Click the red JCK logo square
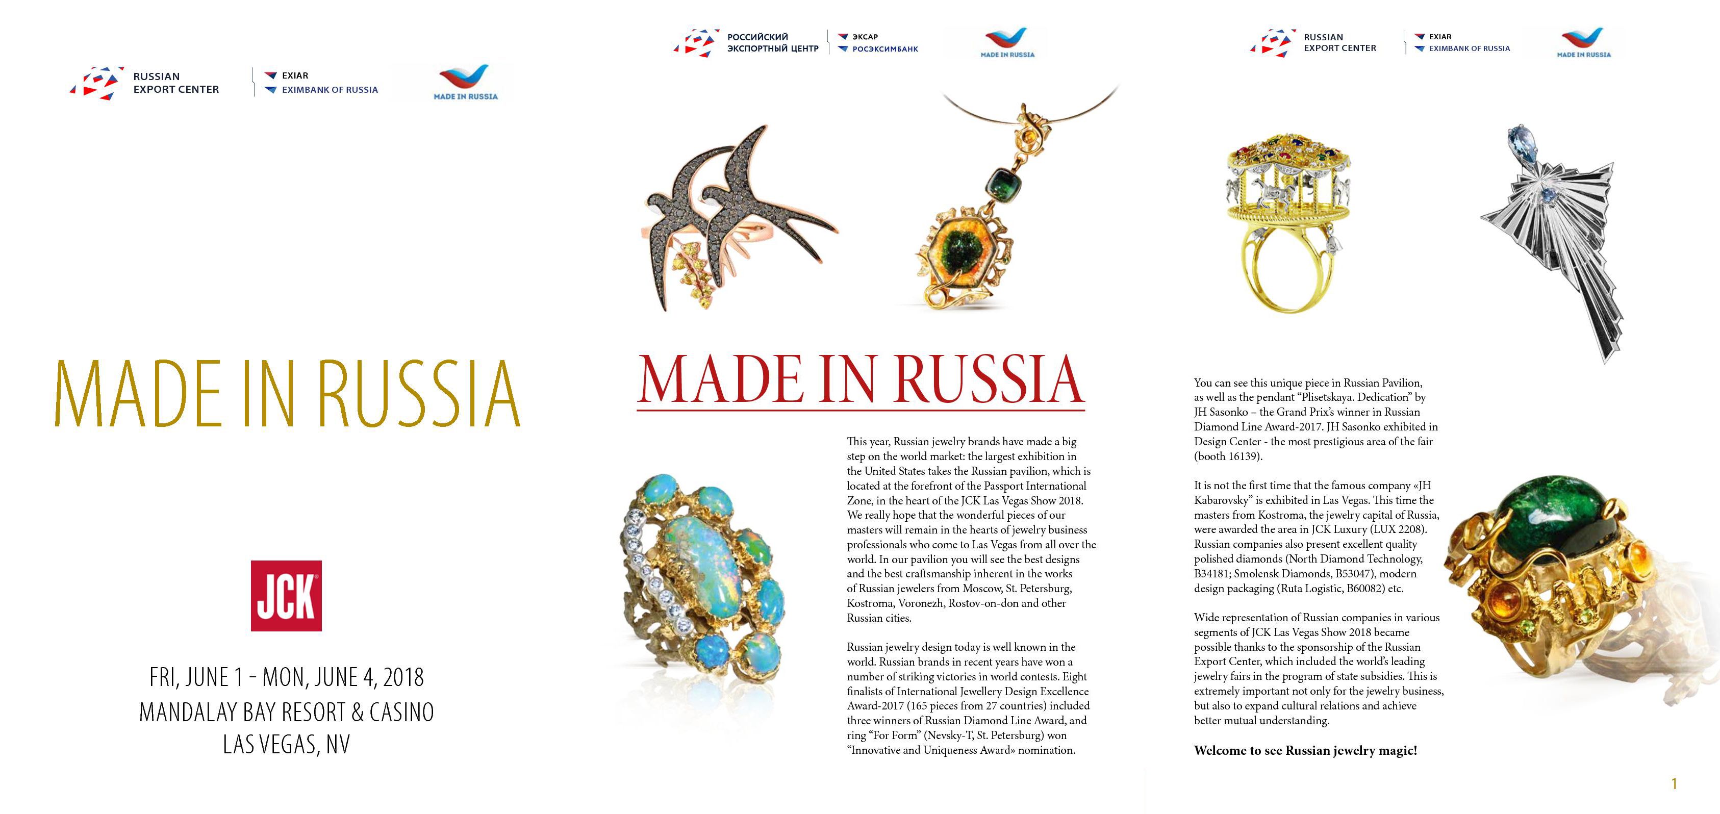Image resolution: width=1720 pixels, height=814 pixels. pos(286,596)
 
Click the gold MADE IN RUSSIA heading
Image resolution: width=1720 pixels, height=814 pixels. pos(287,393)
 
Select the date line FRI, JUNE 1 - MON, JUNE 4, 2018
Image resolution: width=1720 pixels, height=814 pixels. pos(287,677)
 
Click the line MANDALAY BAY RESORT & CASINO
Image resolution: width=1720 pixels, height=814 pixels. pos(287,712)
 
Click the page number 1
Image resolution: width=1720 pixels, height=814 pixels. pos(1674,783)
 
